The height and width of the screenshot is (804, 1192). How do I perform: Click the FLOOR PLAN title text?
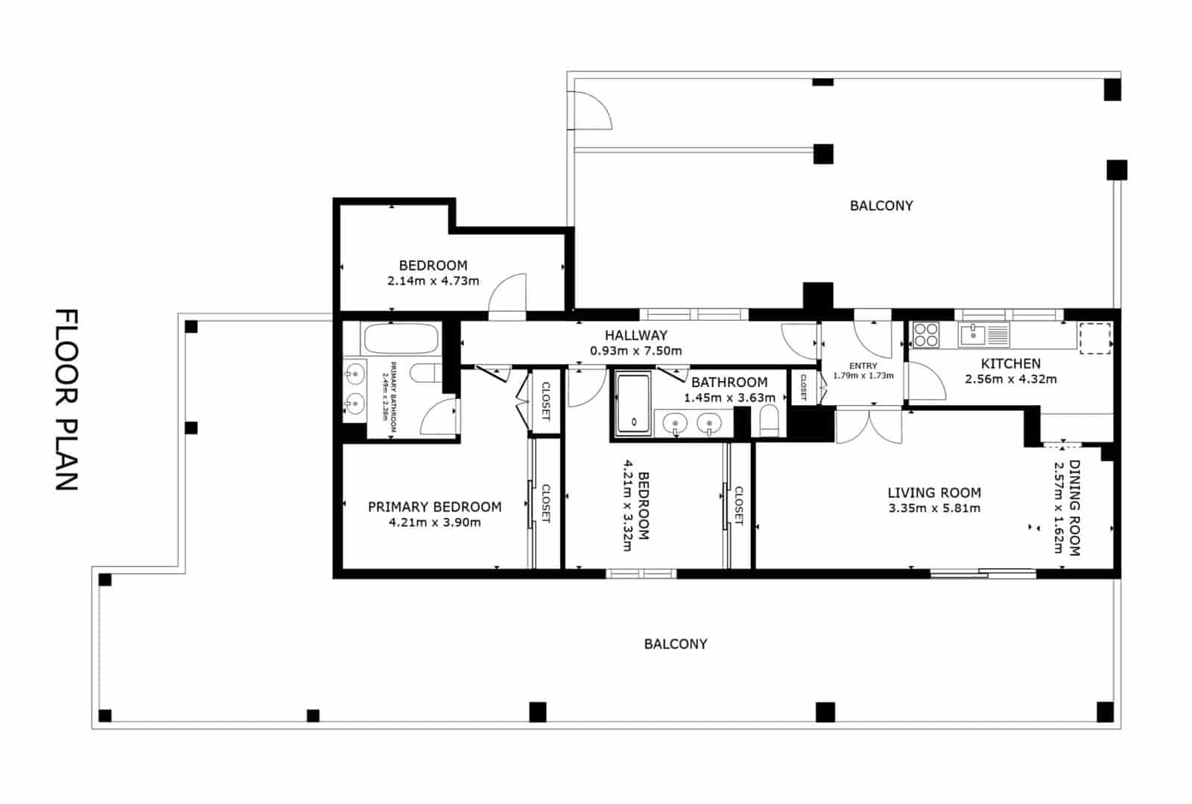point(67,400)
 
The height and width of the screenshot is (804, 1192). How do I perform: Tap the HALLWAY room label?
point(635,335)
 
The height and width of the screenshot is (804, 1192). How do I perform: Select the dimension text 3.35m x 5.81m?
point(934,508)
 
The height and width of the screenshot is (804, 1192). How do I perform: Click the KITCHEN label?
point(1010,363)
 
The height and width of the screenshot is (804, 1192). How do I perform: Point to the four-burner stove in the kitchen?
point(926,334)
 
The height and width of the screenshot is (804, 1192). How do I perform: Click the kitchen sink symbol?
point(973,335)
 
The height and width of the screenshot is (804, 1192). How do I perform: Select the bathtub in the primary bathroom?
point(400,339)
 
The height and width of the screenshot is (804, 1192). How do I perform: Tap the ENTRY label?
point(863,366)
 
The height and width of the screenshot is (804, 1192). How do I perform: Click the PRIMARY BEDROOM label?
point(434,506)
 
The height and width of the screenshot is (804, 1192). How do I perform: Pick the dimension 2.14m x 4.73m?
point(433,281)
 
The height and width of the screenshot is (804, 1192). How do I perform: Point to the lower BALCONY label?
point(675,644)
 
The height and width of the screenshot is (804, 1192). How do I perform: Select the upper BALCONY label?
point(881,205)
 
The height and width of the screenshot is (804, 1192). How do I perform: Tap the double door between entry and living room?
point(869,426)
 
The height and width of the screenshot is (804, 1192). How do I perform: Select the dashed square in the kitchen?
point(1094,338)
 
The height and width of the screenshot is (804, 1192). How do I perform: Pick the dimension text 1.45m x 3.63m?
point(729,398)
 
